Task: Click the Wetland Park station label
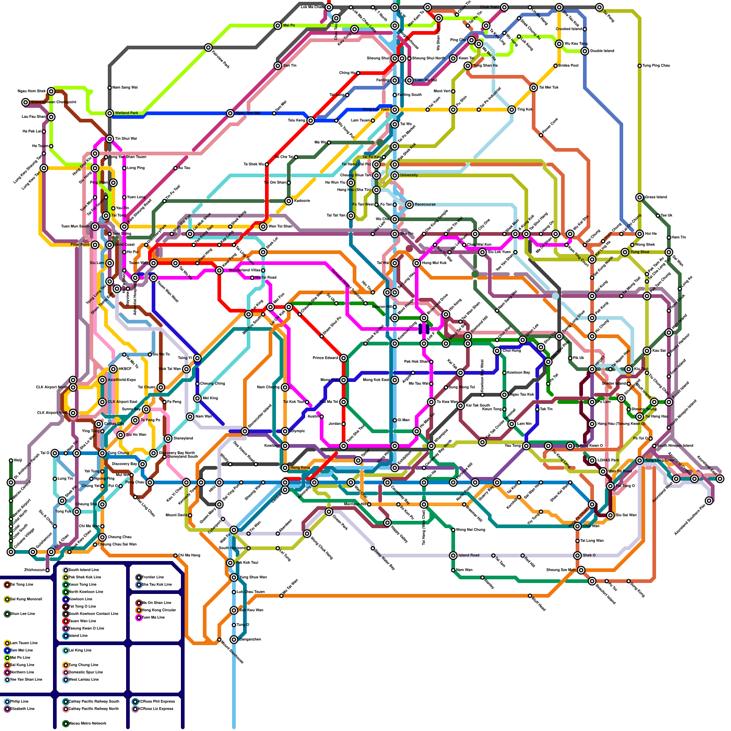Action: click(x=127, y=113)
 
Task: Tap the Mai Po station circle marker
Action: click(x=278, y=26)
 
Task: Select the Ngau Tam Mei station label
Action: click(x=248, y=113)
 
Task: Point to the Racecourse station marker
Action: click(x=409, y=205)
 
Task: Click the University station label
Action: click(x=409, y=175)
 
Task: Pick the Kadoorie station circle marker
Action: click(x=289, y=201)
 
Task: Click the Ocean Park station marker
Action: click(x=329, y=512)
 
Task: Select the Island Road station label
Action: click(x=469, y=555)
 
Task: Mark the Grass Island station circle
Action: click(x=640, y=197)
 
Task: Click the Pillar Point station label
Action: click(x=80, y=245)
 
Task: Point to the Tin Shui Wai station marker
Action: click(x=110, y=139)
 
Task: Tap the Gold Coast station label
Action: click(x=125, y=244)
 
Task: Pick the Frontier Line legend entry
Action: click(x=150, y=577)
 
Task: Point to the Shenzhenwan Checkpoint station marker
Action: click(x=26, y=102)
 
